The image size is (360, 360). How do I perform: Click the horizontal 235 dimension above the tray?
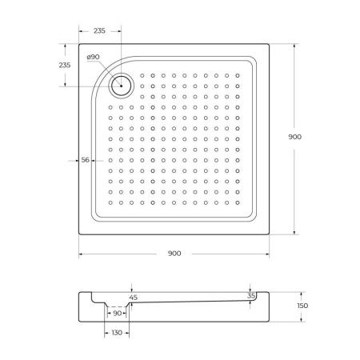point(98,30)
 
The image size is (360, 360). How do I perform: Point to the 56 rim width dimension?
point(85,160)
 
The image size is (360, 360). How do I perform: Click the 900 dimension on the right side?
point(294,138)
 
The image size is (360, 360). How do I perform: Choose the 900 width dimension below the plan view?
point(174,254)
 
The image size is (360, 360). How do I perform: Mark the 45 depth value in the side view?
point(133,298)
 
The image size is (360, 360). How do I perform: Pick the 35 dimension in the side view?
point(252,295)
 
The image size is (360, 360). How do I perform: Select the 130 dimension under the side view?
point(117,333)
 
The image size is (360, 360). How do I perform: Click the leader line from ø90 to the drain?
point(108,70)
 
